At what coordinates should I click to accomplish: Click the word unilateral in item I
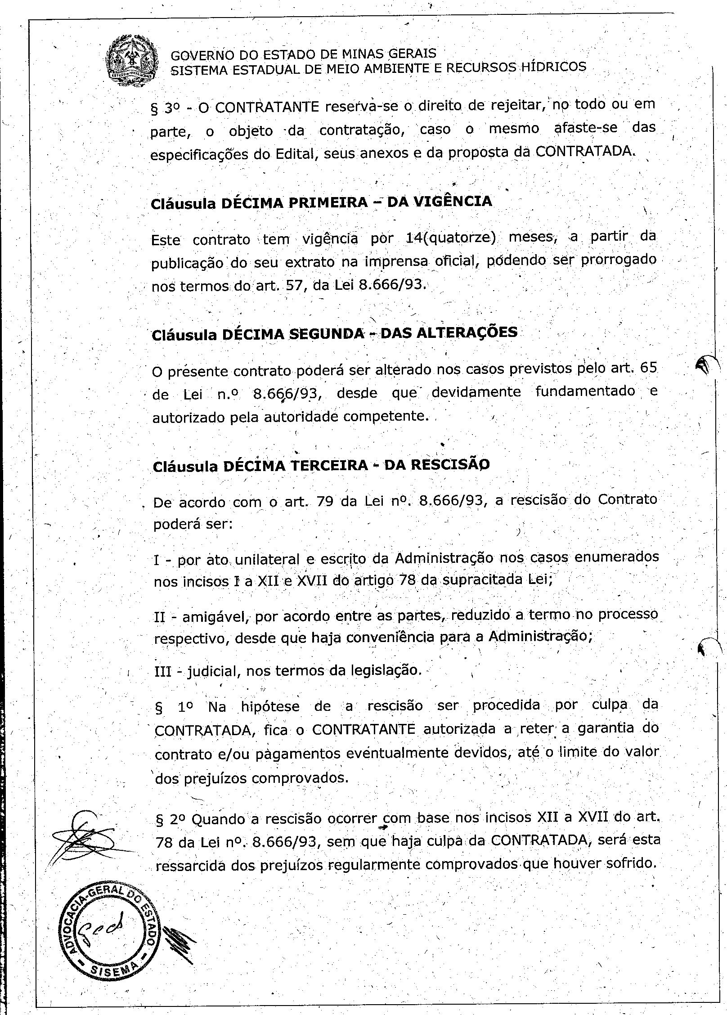(261, 559)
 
